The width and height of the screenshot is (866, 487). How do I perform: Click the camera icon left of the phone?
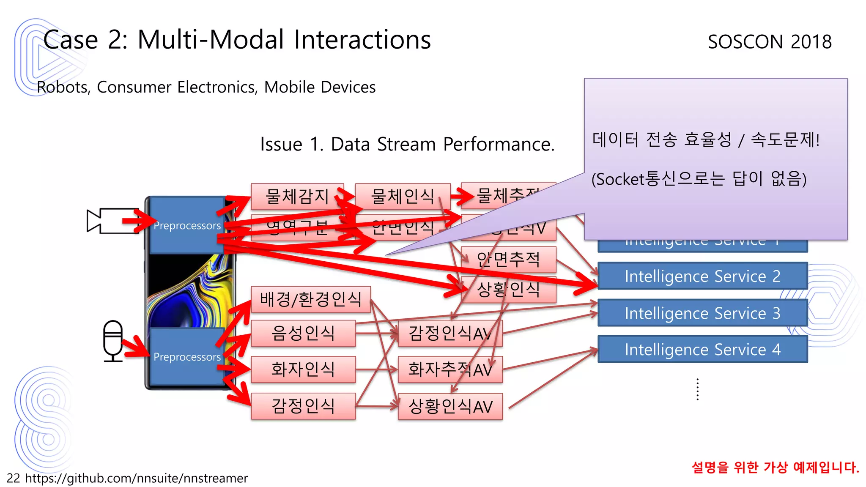tap(111, 221)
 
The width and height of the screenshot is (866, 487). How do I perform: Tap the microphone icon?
tap(113, 341)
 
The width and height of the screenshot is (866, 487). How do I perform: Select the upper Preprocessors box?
tap(186, 225)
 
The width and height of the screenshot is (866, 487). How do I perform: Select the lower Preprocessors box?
tap(186, 356)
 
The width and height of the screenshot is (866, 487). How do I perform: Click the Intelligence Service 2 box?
tap(702, 276)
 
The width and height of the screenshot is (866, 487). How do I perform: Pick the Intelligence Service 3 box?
tap(702, 313)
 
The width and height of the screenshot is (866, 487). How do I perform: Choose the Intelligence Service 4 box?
tap(702, 350)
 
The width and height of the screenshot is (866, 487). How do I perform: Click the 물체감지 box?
tap(297, 196)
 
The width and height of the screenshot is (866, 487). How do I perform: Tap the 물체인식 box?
tap(402, 196)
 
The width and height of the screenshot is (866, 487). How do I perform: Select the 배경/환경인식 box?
tap(310, 299)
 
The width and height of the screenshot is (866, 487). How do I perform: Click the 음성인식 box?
tap(303, 333)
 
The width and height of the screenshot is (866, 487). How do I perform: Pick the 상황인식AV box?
tap(450, 407)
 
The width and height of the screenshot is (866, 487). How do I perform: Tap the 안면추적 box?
tap(508, 259)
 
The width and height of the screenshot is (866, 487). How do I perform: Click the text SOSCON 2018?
tap(770, 42)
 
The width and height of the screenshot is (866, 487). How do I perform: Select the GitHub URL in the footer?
tap(136, 478)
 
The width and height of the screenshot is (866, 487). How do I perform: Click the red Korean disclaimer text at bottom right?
tap(775, 467)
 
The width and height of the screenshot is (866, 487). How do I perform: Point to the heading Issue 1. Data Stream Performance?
tap(407, 144)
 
